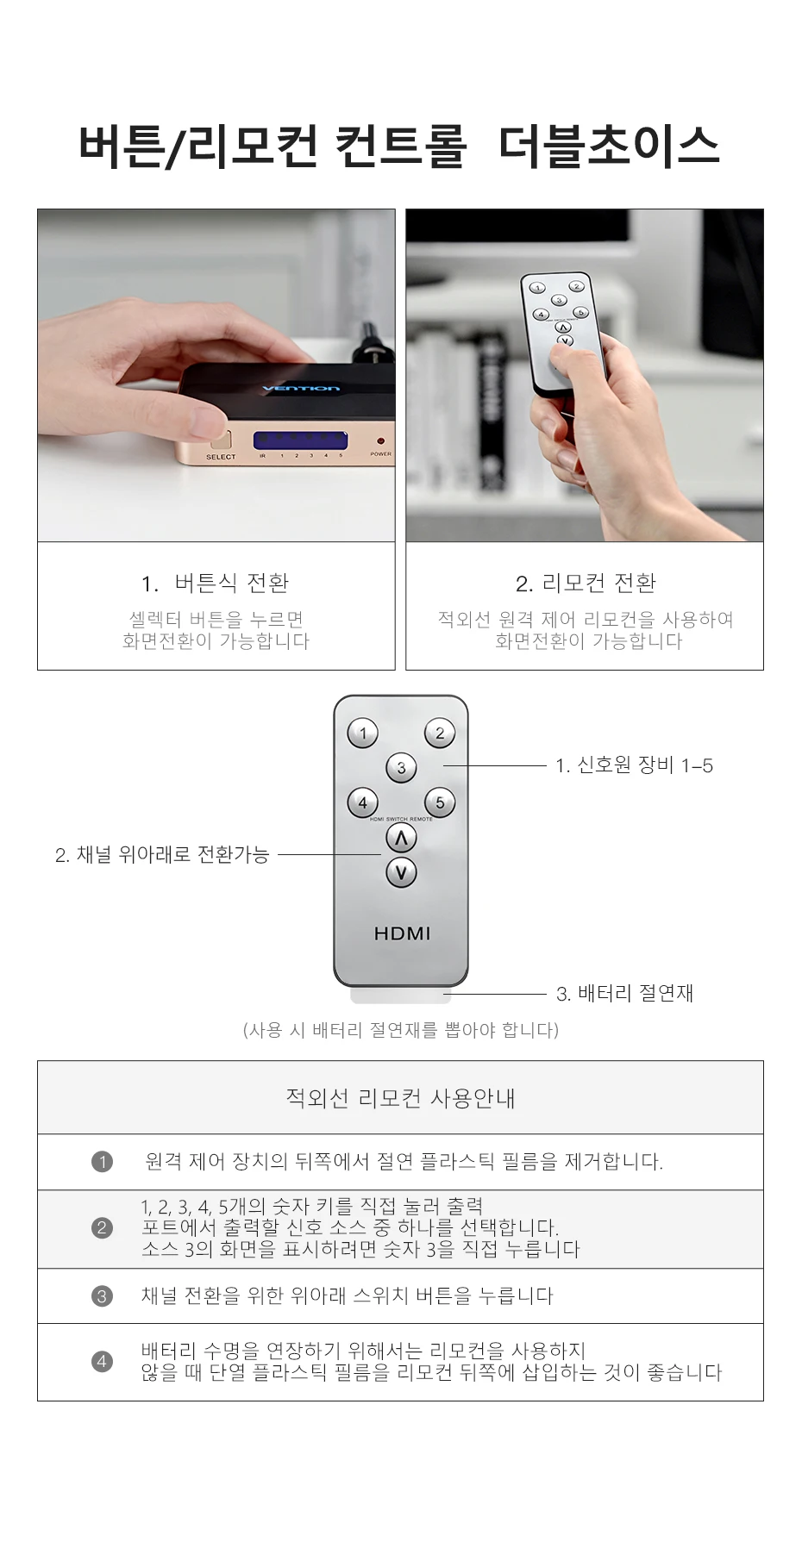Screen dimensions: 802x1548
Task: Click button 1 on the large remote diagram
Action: click(x=363, y=733)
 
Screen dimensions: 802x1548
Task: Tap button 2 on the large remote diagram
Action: click(x=440, y=733)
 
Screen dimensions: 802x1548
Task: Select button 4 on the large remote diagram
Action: click(x=363, y=802)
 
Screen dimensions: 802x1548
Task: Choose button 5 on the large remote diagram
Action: click(x=440, y=802)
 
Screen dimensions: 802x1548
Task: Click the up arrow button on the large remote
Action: click(x=401, y=838)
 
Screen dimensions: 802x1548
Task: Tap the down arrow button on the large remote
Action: click(x=401, y=872)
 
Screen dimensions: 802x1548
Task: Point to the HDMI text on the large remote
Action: click(x=402, y=933)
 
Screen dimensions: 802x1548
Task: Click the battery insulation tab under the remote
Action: click(x=401, y=996)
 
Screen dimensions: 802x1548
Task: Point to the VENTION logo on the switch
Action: click(x=300, y=390)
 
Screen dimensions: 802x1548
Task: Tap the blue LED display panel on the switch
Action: click(x=300, y=440)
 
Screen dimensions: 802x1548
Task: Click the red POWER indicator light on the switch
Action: click(x=379, y=441)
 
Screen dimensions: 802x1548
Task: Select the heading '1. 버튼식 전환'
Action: click(x=216, y=584)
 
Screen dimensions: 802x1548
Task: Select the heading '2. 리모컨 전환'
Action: click(x=586, y=584)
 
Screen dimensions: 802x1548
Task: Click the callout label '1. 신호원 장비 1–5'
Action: click(x=634, y=765)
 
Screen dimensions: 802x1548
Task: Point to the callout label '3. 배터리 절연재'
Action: click(x=624, y=994)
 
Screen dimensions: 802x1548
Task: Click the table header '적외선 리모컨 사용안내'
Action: click(x=401, y=1098)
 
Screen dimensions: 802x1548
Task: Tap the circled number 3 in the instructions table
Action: click(x=102, y=1296)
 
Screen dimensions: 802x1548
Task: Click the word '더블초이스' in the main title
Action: click(x=608, y=145)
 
